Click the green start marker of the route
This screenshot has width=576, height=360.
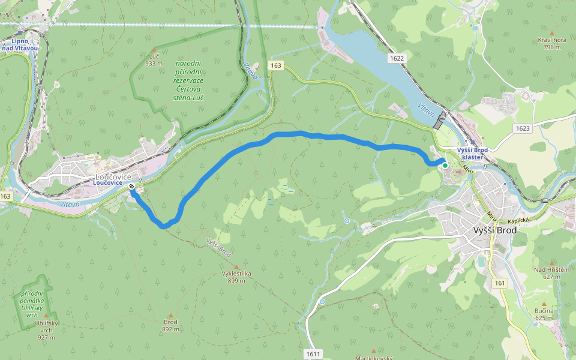pyautogui.click(x=445, y=166)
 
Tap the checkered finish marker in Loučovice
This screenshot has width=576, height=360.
pyautogui.click(x=131, y=187)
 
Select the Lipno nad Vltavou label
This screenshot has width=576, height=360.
pyautogui.click(x=25, y=44)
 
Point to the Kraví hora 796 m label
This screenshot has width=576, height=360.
pyautogui.click(x=551, y=43)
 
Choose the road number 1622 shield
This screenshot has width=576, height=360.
pyautogui.click(x=397, y=58)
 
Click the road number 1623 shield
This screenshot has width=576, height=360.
pyautogui.click(x=523, y=128)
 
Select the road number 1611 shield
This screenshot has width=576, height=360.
pyautogui.click(x=313, y=354)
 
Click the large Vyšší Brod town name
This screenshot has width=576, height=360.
pyautogui.click(x=495, y=230)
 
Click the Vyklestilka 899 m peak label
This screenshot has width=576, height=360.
pyautogui.click(x=236, y=277)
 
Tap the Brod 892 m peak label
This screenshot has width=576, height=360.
pyautogui.click(x=171, y=325)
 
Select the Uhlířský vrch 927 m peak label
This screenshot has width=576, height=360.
pyautogui.click(x=47, y=330)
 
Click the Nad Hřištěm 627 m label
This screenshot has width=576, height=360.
pyautogui.click(x=551, y=273)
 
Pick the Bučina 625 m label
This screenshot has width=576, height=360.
pyautogui.click(x=544, y=314)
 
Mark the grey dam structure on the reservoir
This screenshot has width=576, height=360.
pyautogui.click(x=440, y=119)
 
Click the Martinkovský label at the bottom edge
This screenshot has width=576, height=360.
pyautogui.click(x=373, y=358)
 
